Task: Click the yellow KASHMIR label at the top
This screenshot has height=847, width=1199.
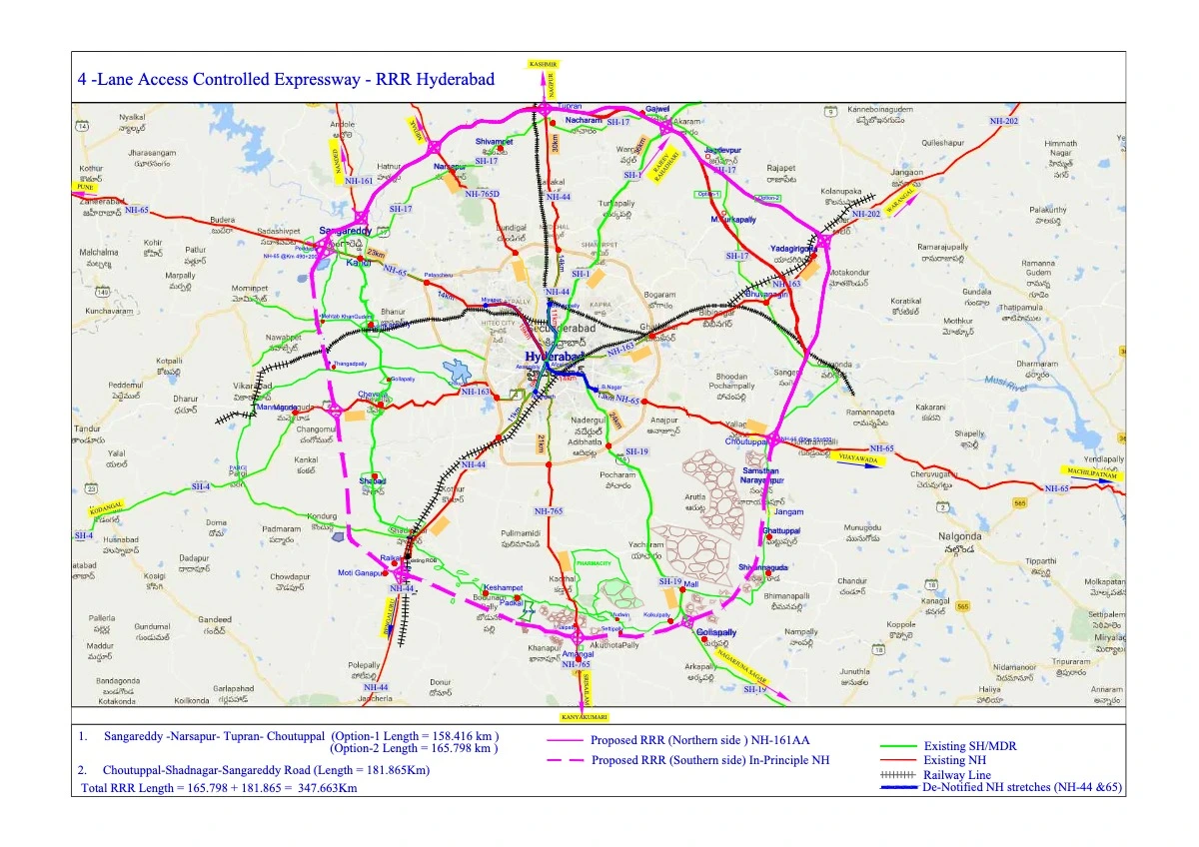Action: [x=545, y=63]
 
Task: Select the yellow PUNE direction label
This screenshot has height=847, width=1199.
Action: [x=84, y=187]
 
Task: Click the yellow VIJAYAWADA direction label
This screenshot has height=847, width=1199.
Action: [x=862, y=462]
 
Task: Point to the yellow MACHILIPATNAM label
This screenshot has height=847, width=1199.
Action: [x=1090, y=473]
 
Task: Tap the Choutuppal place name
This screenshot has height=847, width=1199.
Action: [x=745, y=440]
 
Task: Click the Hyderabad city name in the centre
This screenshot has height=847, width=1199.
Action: [x=555, y=357]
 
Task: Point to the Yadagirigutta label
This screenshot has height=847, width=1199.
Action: [x=795, y=249]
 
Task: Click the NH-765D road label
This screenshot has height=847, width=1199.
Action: [x=482, y=193]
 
